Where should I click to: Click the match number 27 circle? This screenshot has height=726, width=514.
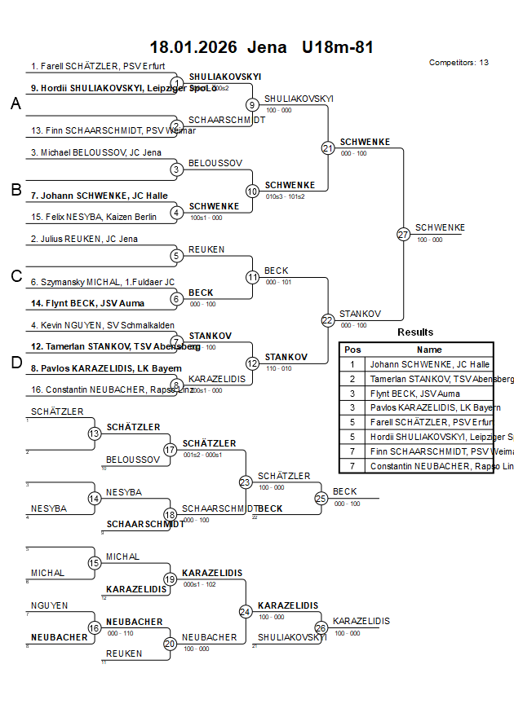point(403,234)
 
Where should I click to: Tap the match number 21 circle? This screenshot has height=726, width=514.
point(328,148)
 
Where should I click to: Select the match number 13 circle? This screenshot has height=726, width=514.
point(95,433)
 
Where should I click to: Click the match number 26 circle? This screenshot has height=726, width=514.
point(321,627)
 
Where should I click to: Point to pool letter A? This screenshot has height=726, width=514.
point(16,103)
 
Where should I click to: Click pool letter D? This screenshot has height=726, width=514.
point(16,363)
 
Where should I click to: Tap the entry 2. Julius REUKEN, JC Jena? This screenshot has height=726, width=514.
point(84,239)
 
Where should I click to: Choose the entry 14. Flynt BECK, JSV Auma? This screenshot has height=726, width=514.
point(87,303)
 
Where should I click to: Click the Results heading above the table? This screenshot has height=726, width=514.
point(415,332)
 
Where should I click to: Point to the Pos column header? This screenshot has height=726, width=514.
point(352,349)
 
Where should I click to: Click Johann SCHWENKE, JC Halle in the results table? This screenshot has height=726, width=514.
point(429,364)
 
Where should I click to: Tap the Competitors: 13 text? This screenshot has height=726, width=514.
point(459,62)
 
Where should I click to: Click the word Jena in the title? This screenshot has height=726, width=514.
point(267,47)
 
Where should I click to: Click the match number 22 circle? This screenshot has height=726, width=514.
point(328,320)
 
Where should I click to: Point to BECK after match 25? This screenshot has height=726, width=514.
point(345,491)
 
